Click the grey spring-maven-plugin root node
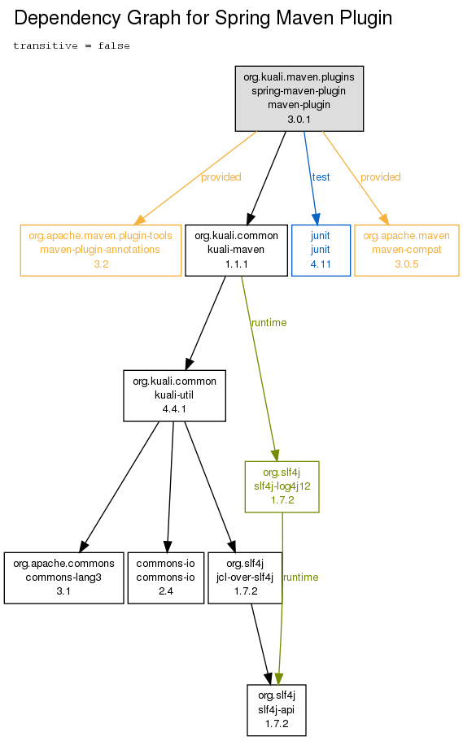(299, 98)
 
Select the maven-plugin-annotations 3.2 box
(101, 251)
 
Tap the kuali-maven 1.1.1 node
(237, 251)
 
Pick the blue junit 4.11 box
(321, 251)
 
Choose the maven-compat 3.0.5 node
(407, 251)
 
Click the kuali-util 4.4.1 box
(174, 395)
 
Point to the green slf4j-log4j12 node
(282, 486)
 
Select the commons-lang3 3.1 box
(63, 578)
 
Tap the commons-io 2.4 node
(166, 578)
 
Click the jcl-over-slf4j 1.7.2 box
(245, 578)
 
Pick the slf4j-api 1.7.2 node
(277, 710)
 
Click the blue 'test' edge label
(321, 177)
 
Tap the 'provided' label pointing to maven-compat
(381, 177)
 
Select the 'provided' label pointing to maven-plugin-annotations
(221, 177)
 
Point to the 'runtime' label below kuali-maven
(269, 323)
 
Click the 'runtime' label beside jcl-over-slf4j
(301, 578)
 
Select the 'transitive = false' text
(72, 46)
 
